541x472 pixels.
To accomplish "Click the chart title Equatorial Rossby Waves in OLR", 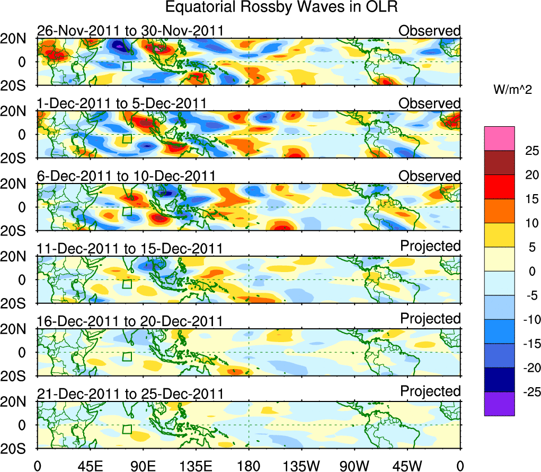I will click(x=281, y=7).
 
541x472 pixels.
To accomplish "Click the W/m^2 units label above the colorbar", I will click(x=512, y=90).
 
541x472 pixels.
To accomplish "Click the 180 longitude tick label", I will click(x=249, y=465).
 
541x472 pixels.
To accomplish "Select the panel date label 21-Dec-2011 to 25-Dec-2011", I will click(x=130, y=394).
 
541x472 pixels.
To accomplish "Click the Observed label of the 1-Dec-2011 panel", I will click(x=430, y=103).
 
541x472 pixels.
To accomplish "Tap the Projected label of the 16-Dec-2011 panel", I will click(x=430, y=318).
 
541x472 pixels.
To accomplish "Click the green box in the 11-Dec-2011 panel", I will click(x=127, y=284).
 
